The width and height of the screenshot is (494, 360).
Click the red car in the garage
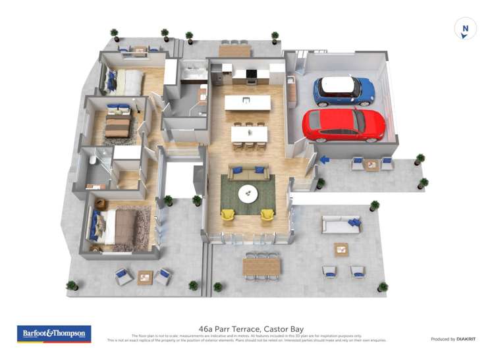pos(343,125)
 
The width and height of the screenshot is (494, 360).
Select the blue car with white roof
pos(343,91)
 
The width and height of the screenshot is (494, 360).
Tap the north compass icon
pos(465,29)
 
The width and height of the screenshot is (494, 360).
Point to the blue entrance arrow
pos(324,159)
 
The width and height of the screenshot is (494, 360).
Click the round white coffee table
pos(248,192)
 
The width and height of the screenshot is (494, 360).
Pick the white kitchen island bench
pos(247,103)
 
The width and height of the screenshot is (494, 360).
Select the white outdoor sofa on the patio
pos(341,225)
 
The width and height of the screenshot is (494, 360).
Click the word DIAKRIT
pos(466,339)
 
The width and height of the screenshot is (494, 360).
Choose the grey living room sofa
pos(248,172)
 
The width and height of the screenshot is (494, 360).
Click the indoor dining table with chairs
pos(249,134)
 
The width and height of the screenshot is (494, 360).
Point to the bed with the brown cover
pos(117,125)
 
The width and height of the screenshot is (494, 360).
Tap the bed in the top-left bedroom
pos(127,83)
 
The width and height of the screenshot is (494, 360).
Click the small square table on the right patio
pos(341,249)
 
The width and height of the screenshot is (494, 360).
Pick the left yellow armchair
pos(228,214)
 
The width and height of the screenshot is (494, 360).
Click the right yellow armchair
pos(267,214)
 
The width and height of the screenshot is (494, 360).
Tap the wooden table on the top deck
pos(234,50)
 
